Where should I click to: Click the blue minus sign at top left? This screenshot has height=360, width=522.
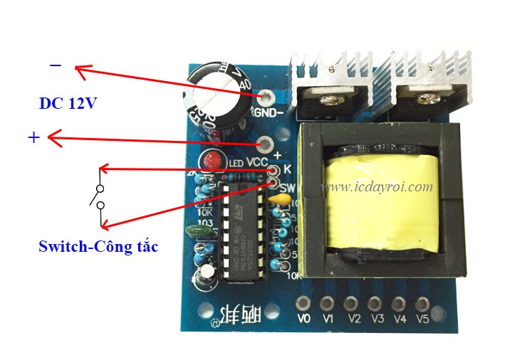[x=56, y=66]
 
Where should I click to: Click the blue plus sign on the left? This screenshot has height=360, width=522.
[x=33, y=137]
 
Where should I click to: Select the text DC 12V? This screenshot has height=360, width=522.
[x=68, y=104]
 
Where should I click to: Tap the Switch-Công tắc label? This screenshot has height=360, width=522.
[x=98, y=247]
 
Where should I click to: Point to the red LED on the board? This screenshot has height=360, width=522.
[x=212, y=160]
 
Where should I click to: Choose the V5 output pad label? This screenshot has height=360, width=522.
[x=422, y=318]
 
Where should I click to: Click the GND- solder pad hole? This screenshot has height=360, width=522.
[x=267, y=97]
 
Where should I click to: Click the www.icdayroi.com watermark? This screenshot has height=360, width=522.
[x=378, y=187]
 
